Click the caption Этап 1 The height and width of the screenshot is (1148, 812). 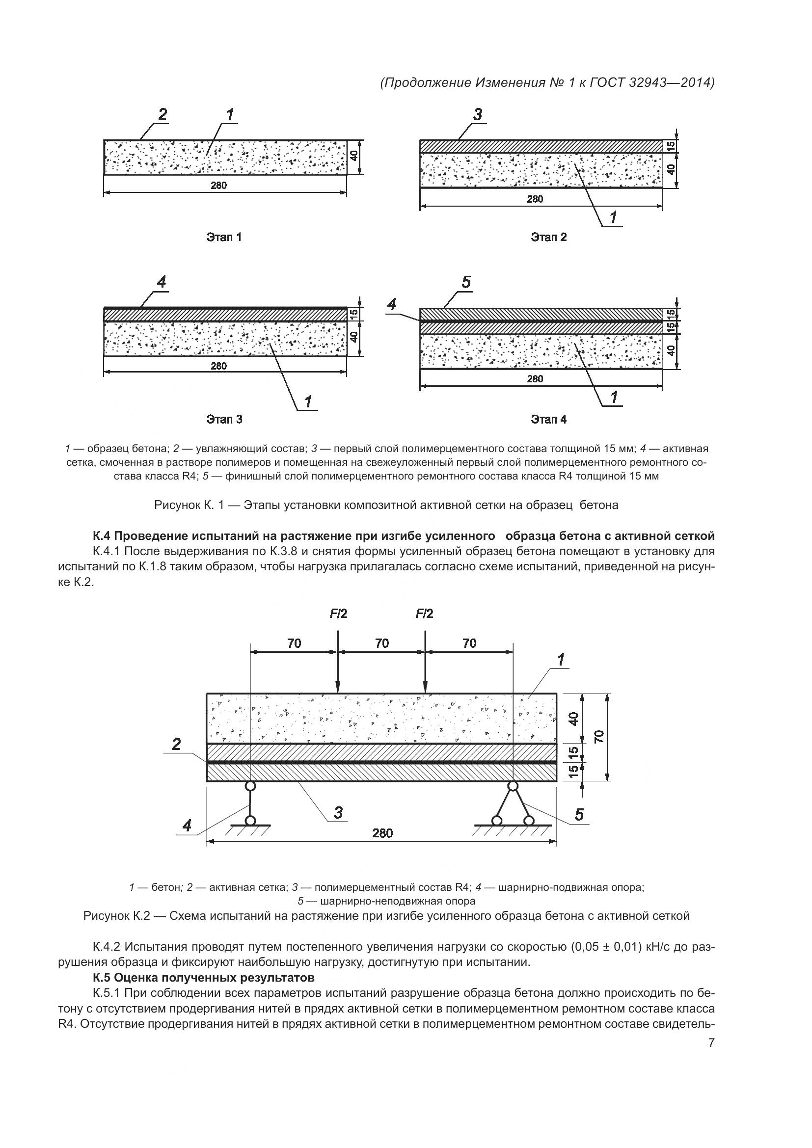tap(224, 237)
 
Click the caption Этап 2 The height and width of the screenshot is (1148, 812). tap(549, 237)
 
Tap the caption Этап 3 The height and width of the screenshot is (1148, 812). tap(224, 419)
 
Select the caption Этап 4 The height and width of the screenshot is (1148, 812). tap(549, 419)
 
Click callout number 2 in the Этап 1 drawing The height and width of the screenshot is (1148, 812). tap(162, 114)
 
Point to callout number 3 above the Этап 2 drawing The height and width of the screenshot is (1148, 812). tap(478, 114)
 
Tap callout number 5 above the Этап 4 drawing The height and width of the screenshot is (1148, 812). tap(466, 283)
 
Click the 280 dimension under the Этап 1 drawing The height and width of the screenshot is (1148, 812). tap(218, 186)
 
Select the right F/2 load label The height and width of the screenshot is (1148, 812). tap(425, 614)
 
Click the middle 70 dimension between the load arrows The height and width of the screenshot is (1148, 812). tap(382, 643)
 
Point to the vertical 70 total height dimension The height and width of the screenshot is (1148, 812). tap(600, 737)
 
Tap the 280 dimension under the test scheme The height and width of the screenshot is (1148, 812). tap(382, 833)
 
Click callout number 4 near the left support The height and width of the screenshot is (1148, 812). tap(187, 826)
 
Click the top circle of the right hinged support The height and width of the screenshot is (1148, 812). tap(513, 786)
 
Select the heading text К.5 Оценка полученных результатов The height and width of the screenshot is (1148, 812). tap(204, 978)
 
